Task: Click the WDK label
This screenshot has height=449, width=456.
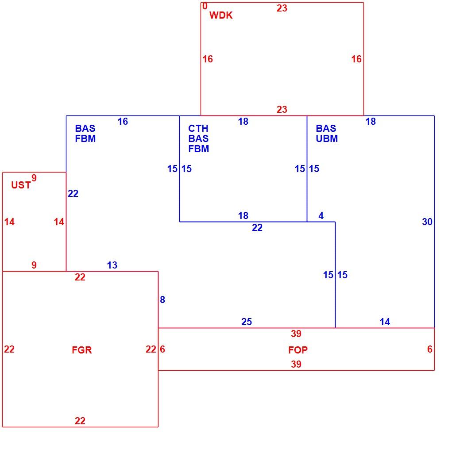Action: coord(221,15)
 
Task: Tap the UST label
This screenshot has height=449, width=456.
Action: coord(21,185)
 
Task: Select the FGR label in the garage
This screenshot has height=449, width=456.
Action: coord(82,350)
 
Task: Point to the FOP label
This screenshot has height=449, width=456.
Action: coord(298,350)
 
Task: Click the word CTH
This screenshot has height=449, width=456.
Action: coord(198,128)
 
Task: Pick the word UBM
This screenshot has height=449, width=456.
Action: coord(327,138)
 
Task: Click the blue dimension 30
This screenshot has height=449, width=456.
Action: coord(427,222)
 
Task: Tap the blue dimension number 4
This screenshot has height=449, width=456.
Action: coord(321,215)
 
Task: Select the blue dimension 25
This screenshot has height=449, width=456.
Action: coord(247,322)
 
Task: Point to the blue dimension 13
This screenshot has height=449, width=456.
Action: coord(112,265)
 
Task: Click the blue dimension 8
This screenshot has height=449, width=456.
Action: coord(162,299)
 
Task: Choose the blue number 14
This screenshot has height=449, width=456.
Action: coord(385,322)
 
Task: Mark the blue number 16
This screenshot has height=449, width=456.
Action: coord(123,122)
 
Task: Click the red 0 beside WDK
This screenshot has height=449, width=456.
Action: coord(205,6)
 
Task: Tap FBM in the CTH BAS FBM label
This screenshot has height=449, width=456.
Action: coord(199,149)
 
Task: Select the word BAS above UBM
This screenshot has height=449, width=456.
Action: coord(326,128)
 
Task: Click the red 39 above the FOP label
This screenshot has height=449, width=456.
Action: coord(296,334)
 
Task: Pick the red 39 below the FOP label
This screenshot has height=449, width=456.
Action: coord(296,364)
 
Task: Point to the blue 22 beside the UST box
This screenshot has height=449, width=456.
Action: coord(73,194)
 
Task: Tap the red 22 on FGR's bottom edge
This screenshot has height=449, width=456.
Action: coord(80,421)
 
